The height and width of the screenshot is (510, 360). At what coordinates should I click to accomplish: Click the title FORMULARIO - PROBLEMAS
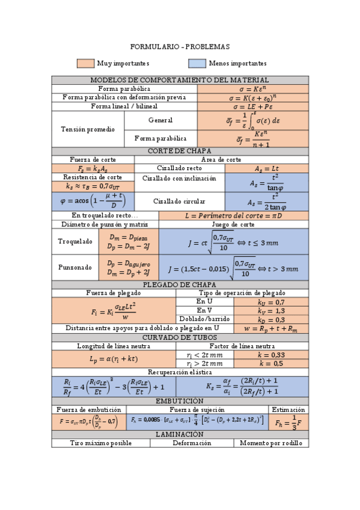[180, 47]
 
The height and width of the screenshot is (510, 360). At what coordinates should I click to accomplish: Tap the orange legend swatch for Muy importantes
[85, 63]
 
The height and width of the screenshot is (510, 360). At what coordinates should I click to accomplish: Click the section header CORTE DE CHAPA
[180, 151]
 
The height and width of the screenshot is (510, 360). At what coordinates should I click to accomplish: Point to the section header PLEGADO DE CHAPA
[180, 284]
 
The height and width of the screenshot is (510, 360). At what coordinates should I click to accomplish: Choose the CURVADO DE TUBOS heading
[180, 337]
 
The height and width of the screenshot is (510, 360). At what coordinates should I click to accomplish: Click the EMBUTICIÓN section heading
[180, 401]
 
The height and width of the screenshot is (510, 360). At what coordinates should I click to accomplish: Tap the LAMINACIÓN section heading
[180, 434]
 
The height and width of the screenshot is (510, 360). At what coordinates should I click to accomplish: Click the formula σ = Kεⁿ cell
[252, 89]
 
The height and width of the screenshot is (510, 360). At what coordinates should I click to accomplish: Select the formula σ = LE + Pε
[252, 106]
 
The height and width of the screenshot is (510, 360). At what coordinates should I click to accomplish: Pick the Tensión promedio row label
[88, 129]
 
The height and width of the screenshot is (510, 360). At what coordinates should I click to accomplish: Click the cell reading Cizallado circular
[179, 201]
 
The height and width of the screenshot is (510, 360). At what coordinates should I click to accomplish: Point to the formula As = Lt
[267, 169]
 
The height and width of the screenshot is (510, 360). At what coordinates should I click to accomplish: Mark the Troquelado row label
[75, 241]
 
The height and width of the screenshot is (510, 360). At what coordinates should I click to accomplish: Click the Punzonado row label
[75, 267]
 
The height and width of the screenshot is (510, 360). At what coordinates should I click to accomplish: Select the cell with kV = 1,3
[271, 310]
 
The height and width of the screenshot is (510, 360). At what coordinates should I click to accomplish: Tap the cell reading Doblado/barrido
[204, 319]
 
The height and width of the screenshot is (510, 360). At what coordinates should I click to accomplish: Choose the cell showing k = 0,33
[271, 355]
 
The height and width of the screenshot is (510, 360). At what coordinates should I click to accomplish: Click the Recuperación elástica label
[180, 372]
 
